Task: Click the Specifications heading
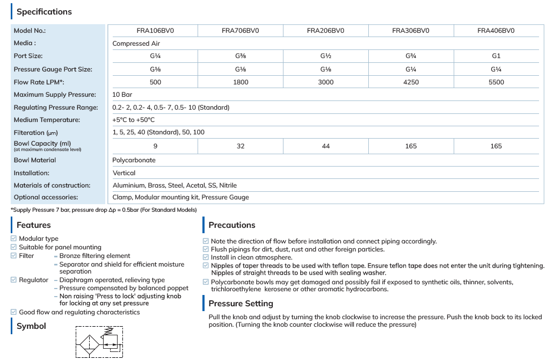(44, 11)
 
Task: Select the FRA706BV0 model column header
(240, 31)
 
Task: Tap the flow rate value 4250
(411, 82)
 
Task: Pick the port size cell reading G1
(496, 56)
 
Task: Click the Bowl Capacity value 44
(326, 146)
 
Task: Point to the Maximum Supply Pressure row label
(55, 95)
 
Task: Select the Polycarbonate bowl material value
(134, 160)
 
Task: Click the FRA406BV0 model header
(496, 31)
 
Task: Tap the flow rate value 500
(156, 82)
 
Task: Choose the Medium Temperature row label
(47, 120)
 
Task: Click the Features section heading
(34, 225)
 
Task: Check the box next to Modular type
(13, 239)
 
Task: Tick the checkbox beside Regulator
(13, 280)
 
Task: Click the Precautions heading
(232, 225)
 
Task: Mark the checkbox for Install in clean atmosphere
(206, 257)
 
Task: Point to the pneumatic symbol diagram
(99, 342)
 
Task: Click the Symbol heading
(31, 326)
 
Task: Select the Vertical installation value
(124, 173)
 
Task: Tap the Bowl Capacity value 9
(156, 146)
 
